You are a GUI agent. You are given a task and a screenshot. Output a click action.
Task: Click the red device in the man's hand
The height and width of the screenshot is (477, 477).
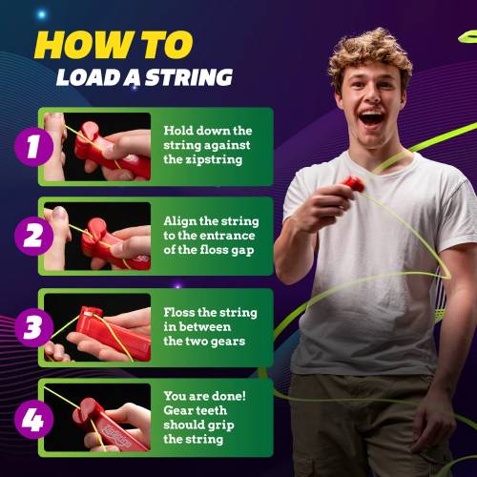[x=353, y=183]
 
